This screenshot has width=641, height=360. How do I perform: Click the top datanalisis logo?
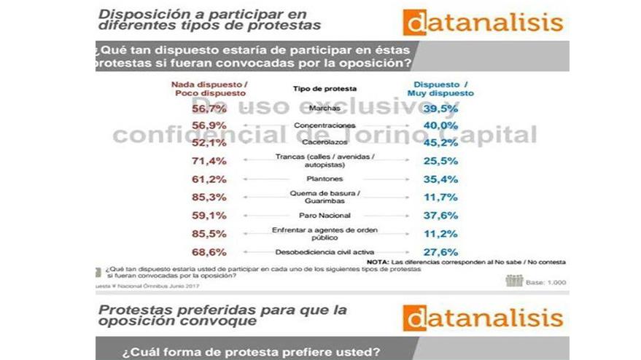[x=483, y=23]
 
